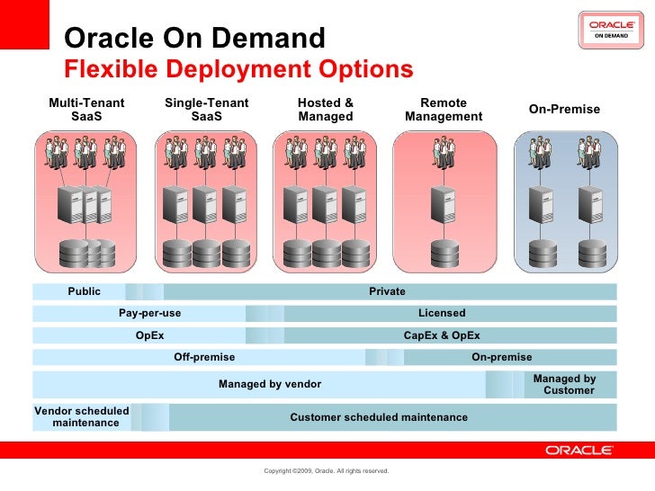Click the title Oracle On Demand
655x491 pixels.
point(195,39)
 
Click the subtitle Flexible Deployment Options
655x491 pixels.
point(239,69)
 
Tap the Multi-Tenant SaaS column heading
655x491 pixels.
point(86,110)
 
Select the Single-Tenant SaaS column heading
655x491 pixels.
point(206,110)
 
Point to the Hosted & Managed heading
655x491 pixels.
point(326,110)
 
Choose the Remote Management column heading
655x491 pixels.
point(444,110)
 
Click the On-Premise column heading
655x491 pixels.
point(564,110)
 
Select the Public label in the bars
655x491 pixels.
point(85,291)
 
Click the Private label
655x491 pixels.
point(387,291)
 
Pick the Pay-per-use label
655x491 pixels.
point(149,313)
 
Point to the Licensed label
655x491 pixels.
point(442,313)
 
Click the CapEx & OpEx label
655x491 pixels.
point(442,335)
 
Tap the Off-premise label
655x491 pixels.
point(204,357)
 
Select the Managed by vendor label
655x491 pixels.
point(270,384)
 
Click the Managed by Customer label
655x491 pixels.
point(565,385)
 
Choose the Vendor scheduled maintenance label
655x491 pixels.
point(83,416)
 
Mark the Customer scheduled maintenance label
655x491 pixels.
point(379,417)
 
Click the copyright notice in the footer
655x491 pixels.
point(326,470)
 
